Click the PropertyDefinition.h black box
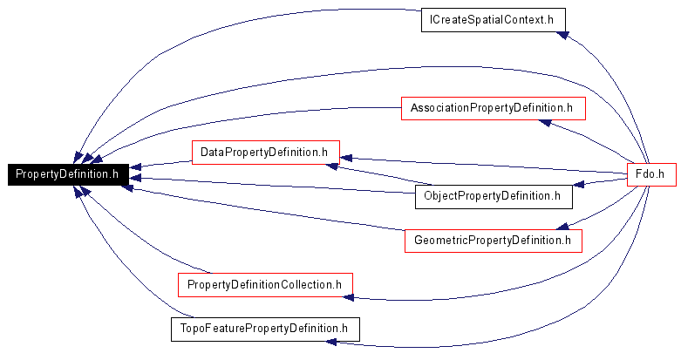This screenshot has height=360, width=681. click(68, 174)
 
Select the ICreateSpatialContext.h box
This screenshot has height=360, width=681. click(494, 20)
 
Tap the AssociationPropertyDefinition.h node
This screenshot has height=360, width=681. click(494, 109)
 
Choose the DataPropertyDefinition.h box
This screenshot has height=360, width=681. click(266, 153)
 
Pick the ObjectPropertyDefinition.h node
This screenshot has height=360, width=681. click(494, 197)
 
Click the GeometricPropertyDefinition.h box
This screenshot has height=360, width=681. click(494, 241)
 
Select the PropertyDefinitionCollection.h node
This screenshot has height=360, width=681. click(265, 285)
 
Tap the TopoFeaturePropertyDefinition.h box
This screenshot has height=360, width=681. click(265, 329)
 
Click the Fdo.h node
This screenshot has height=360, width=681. click(651, 174)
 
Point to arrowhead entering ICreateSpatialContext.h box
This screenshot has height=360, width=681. click(562, 35)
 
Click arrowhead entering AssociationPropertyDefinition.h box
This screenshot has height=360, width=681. click(545, 123)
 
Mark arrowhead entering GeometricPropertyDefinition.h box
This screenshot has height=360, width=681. click(562, 227)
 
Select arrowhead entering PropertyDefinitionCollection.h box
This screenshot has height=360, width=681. click(348, 297)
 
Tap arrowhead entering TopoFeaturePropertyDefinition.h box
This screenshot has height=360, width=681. click(331, 343)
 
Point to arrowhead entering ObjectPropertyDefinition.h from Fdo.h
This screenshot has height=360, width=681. click(578, 185)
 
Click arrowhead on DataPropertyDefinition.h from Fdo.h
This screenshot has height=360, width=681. click(346, 158)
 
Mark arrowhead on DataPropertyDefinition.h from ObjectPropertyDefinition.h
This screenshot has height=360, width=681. click(332, 166)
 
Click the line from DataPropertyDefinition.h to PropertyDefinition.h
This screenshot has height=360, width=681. click(160, 164)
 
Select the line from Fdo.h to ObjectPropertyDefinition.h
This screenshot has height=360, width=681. click(600, 181)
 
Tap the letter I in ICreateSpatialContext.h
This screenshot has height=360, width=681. click(431, 19)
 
